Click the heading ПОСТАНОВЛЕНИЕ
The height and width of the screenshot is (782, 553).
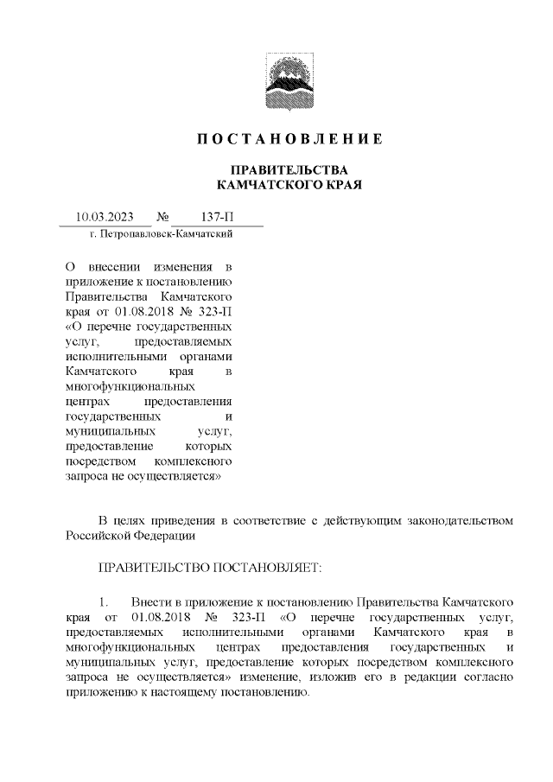[289, 139]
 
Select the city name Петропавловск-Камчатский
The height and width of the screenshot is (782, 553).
[169, 234]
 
